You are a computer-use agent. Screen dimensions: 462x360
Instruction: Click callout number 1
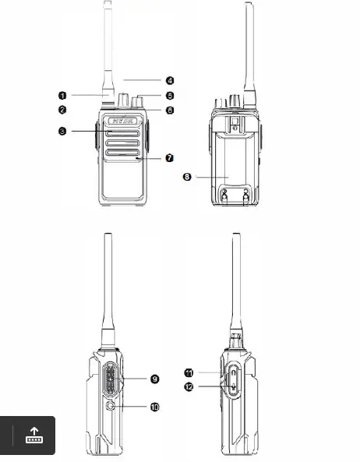[x=62, y=95]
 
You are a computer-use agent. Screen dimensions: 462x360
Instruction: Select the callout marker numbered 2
[x=62, y=110]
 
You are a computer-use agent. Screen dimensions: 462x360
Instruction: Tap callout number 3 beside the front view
[x=62, y=132]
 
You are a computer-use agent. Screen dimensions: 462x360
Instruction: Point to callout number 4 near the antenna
[x=169, y=79]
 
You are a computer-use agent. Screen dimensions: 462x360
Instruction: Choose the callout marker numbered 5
[x=169, y=95]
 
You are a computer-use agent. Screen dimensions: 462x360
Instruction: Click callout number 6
[x=169, y=110]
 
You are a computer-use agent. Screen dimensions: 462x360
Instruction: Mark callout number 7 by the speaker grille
[x=169, y=158]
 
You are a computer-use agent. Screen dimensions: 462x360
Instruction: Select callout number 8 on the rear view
[x=187, y=177]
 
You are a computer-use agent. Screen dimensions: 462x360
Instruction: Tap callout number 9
[x=154, y=379]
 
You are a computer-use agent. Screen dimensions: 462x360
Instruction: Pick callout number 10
[x=154, y=406]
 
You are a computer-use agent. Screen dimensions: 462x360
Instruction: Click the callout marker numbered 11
[x=189, y=372]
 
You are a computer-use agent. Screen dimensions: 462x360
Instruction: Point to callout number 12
[x=189, y=386]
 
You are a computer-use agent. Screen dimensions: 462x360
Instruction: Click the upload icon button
[x=34, y=436]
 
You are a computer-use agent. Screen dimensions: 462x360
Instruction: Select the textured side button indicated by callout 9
[x=111, y=380]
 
